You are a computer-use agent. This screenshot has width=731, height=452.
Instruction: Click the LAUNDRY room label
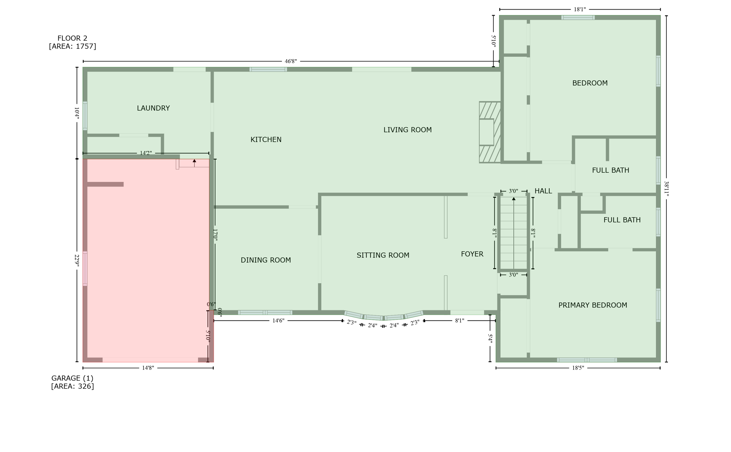tap(153, 108)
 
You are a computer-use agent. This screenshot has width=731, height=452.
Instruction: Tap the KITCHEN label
tap(266, 139)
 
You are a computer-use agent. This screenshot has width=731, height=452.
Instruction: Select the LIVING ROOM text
tap(407, 130)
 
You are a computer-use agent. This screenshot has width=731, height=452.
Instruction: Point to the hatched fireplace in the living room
tap(490, 132)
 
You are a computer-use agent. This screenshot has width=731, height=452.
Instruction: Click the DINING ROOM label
tap(266, 260)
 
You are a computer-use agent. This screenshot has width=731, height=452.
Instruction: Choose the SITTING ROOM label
tap(383, 255)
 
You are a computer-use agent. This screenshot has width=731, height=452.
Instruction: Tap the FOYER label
tap(472, 254)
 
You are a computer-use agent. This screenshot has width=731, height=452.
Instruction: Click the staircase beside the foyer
tap(514, 234)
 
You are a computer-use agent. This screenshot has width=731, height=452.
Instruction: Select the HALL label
tap(543, 191)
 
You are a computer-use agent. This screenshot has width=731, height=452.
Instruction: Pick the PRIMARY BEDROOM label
tap(593, 305)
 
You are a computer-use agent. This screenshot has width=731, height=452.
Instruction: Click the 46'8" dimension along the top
tap(291, 61)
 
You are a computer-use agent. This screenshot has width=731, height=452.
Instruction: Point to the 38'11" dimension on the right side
tap(666, 189)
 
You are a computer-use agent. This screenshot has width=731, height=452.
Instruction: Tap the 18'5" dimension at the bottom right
tap(578, 368)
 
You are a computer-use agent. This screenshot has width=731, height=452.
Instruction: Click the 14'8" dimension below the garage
tap(148, 368)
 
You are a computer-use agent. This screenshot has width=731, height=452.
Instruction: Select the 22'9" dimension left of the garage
tap(77, 260)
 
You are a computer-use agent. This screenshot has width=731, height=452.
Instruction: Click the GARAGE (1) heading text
tap(72, 378)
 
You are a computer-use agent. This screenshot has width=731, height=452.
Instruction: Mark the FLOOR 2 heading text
tap(72, 38)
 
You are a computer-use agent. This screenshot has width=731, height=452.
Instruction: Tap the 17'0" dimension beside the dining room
tap(215, 235)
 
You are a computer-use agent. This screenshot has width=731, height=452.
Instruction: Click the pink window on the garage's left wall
tap(85, 268)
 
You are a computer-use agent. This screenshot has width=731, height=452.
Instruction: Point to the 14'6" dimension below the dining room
tap(278, 321)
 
